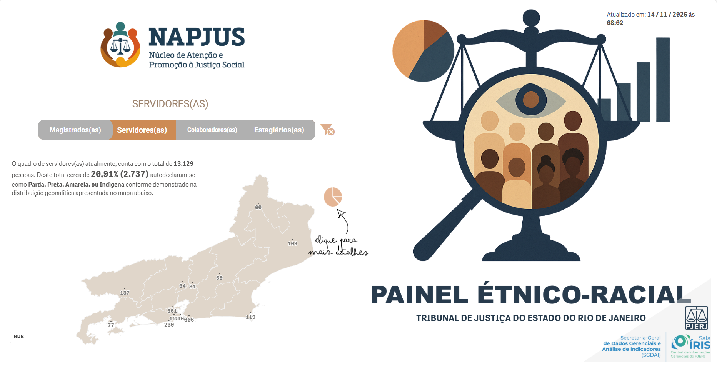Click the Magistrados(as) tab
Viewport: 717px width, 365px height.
[x=75, y=130]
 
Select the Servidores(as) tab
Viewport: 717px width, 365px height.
[x=142, y=130]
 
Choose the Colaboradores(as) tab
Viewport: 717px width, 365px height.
[x=212, y=130]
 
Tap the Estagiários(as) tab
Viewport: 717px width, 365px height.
[x=279, y=130]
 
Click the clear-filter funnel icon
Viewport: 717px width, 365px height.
[x=327, y=130]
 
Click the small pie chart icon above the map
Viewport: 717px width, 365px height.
[x=333, y=197]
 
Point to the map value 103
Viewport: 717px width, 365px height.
[x=292, y=243]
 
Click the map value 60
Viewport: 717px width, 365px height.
[x=258, y=207]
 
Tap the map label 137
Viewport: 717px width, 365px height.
[x=125, y=293]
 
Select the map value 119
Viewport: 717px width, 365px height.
[x=250, y=317]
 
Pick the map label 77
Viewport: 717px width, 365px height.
[x=111, y=325]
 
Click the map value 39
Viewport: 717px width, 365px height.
[x=219, y=278]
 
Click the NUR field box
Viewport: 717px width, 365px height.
[x=33, y=337]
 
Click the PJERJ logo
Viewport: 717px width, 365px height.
[x=696, y=318]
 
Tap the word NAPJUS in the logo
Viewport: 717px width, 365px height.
[x=197, y=37]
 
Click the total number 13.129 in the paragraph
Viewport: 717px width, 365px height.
[x=183, y=164]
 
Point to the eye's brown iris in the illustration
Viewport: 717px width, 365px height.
[x=531, y=100]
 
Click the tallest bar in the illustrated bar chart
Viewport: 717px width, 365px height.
[x=663, y=80]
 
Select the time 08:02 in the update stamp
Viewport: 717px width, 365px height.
[x=615, y=23]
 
